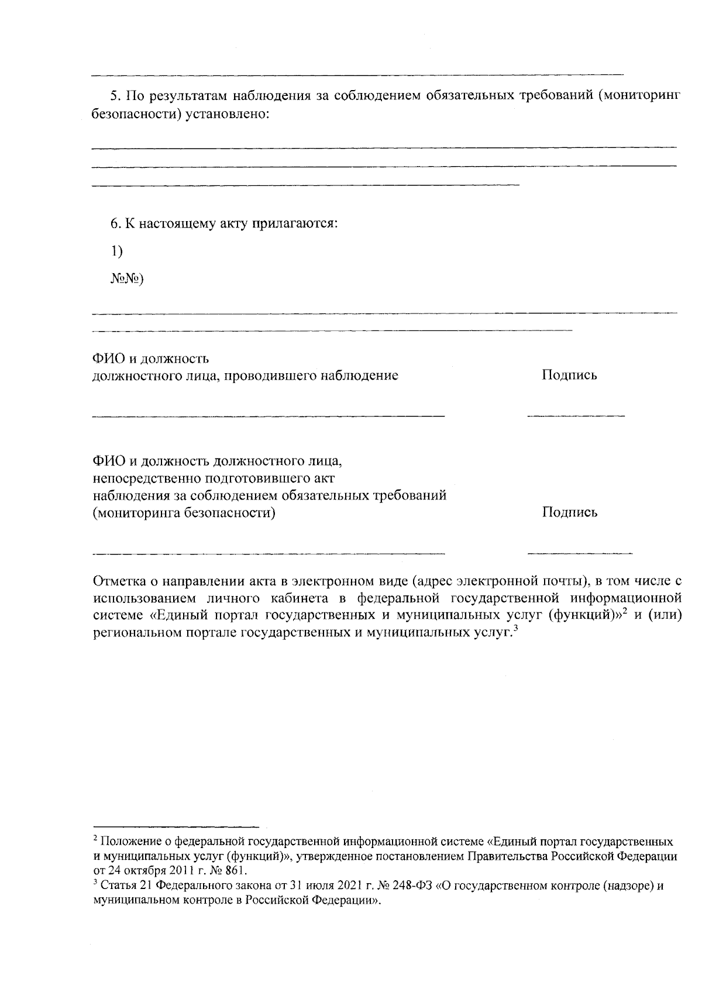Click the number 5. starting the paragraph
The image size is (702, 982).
point(115,96)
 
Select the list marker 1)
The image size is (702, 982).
point(116,251)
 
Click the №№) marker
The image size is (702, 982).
point(126,278)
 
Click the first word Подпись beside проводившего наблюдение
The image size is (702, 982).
point(569,375)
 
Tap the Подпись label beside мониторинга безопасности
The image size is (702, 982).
point(569,513)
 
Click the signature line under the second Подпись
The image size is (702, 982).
point(579,553)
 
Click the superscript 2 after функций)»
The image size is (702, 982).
point(625,612)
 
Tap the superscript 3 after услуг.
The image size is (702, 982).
point(516,629)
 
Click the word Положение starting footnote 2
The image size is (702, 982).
point(125,842)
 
